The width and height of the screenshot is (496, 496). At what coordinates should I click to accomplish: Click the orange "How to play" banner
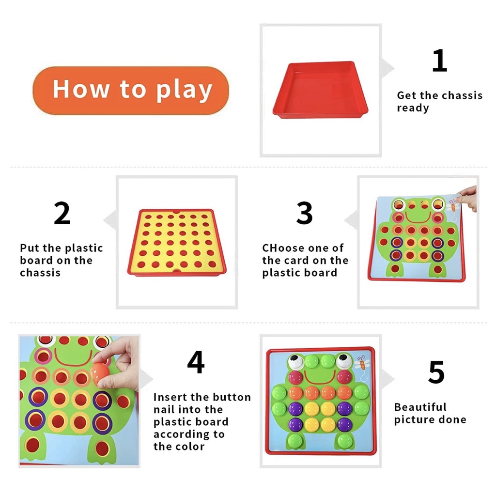pyautogui.click(x=130, y=91)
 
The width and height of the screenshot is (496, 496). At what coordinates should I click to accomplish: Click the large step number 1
pyautogui.click(x=439, y=61)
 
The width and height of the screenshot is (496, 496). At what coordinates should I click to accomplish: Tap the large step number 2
pyautogui.click(x=62, y=214)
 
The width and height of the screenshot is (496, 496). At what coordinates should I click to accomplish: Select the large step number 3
pyautogui.click(x=304, y=213)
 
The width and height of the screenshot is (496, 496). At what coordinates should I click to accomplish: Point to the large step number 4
pyautogui.click(x=195, y=363)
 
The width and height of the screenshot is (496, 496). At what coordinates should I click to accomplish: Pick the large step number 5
pyautogui.click(x=436, y=372)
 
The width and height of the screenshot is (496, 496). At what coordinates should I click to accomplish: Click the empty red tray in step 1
pyautogui.click(x=320, y=91)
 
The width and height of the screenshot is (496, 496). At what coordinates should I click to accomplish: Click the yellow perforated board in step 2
pyautogui.click(x=177, y=242)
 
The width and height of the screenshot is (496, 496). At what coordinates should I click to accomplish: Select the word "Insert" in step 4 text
pyautogui.click(x=170, y=397)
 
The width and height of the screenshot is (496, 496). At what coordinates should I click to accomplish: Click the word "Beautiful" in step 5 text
pyautogui.click(x=420, y=407)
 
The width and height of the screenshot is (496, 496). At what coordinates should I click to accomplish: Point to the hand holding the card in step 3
pyautogui.click(x=469, y=197)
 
